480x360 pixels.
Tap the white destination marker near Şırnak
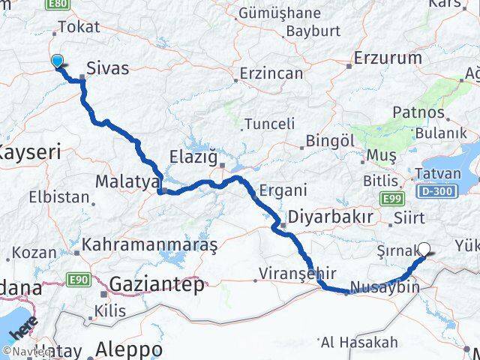(424, 250)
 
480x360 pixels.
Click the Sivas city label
(108, 69)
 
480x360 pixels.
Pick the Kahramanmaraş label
(150, 244)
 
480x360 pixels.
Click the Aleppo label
(130, 349)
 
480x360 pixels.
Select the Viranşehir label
(296, 272)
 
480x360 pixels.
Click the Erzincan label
(271, 73)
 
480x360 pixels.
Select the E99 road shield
(390, 199)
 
